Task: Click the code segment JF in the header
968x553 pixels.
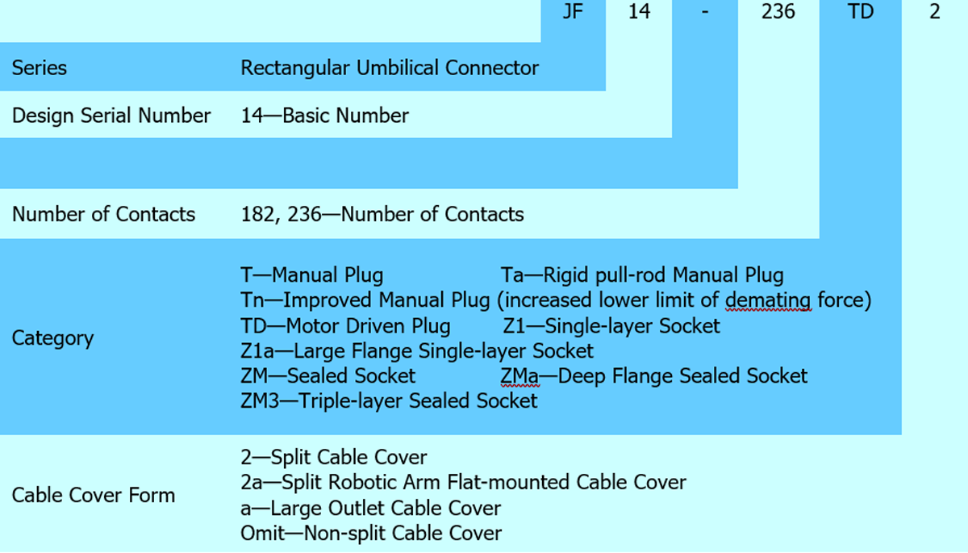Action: [572, 13]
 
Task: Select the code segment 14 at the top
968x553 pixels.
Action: [639, 13]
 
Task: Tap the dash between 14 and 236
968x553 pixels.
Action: [704, 13]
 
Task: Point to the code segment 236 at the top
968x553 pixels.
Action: [778, 13]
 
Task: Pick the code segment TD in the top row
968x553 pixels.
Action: [861, 13]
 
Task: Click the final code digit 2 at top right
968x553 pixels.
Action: [934, 13]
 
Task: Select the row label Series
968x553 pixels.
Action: [40, 68]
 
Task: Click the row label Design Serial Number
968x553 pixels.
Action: [111, 115]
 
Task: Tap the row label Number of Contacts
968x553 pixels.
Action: [103, 214]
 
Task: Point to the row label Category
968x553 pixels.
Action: [52, 337]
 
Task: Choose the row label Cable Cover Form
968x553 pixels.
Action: [93, 495]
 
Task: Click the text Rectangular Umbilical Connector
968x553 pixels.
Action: [390, 68]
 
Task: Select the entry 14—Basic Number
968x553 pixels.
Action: [324, 115]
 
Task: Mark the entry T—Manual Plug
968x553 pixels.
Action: [312, 275]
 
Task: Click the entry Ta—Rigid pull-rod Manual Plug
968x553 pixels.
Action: [642, 275]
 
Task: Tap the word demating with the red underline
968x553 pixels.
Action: [765, 300]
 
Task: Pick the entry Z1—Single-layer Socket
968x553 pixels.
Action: [611, 326]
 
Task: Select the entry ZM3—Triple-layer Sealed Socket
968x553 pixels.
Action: [389, 400]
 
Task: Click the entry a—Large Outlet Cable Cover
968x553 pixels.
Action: [370, 509]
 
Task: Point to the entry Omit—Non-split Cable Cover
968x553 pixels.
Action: [371, 534]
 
